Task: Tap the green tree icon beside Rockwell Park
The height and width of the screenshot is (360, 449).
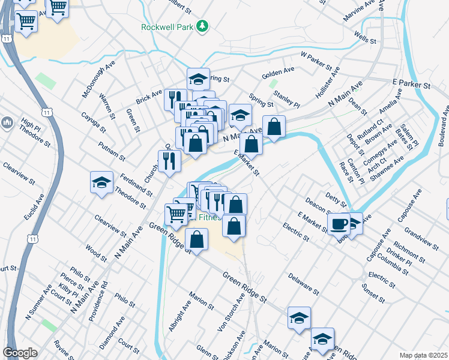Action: pos(203,25)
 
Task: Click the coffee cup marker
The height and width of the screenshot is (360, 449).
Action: pos(339,224)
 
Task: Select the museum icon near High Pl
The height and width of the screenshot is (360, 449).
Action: pos(8,124)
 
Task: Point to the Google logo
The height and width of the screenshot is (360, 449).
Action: pos(20,353)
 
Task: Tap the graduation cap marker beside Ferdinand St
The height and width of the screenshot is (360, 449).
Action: pos(101,182)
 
